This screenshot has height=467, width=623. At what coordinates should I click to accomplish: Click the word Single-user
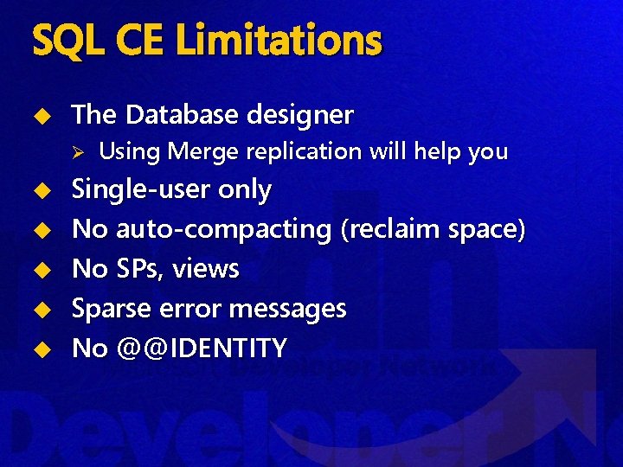click(141, 189)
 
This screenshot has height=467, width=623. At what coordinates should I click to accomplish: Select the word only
click(245, 190)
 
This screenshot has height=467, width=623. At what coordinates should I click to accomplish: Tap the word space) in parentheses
click(486, 230)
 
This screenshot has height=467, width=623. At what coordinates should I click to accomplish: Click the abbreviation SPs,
click(140, 269)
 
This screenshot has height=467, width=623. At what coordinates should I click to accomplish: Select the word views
click(205, 269)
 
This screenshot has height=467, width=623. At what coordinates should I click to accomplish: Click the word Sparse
click(110, 309)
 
